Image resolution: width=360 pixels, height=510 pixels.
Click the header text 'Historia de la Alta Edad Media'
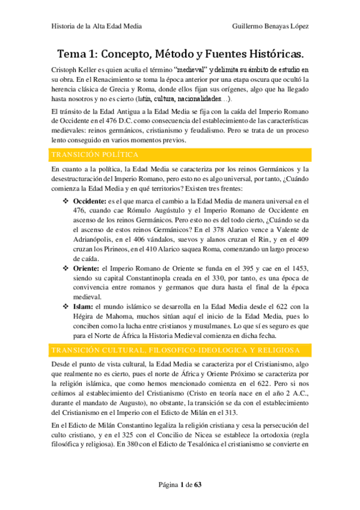tap(95, 27)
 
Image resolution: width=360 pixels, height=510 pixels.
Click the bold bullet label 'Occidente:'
tap(89, 200)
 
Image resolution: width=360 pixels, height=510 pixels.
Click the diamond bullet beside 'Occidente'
tap(67, 200)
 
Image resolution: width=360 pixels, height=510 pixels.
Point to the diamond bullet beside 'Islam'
tap(67, 306)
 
